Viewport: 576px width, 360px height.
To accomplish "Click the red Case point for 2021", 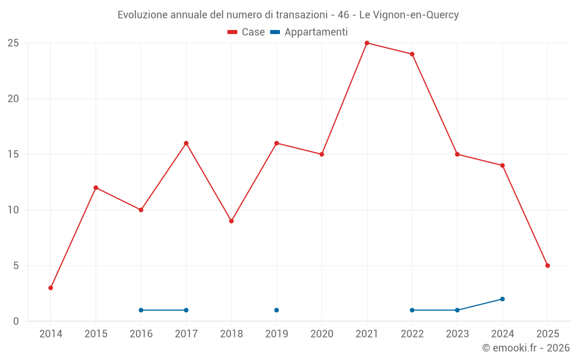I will click(367, 43).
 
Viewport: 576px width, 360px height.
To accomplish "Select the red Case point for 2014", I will click(51, 288).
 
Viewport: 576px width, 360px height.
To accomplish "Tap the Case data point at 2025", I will click(548, 266).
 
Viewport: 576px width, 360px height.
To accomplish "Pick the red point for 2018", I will click(232, 221).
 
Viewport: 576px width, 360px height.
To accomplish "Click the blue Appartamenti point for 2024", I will click(502, 299).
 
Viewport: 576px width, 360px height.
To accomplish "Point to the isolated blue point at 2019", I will click(276, 310).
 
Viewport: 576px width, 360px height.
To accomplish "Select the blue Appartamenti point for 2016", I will click(141, 310).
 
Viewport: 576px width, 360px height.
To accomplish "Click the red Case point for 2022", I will click(412, 54).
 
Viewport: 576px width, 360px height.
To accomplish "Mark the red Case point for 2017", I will click(186, 143).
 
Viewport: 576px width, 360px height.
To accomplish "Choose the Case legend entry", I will click(247, 32).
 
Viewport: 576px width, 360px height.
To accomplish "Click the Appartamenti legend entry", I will click(309, 32).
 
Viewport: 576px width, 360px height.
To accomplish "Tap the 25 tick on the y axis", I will click(13, 43).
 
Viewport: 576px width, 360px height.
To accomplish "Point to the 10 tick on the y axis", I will click(13, 210).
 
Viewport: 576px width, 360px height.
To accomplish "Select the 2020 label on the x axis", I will click(322, 334).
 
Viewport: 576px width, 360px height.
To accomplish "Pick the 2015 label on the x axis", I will click(96, 334).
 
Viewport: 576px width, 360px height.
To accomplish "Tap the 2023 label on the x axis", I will click(457, 334).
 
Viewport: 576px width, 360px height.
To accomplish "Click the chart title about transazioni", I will click(288, 15).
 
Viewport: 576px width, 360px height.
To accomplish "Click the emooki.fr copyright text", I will click(526, 348).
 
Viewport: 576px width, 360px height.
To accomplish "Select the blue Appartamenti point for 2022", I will click(412, 310).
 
